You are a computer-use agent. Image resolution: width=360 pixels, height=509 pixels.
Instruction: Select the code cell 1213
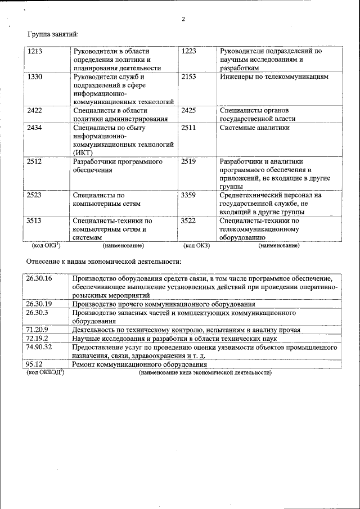35,51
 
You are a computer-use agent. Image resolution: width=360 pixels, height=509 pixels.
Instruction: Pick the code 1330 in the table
35,76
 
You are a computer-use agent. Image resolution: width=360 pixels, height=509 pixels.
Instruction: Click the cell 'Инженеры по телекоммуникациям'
274,76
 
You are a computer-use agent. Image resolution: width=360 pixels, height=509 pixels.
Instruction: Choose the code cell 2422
35,110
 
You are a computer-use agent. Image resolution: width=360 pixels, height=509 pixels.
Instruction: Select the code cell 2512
35,161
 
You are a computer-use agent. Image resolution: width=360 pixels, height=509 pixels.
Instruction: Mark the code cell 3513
35,221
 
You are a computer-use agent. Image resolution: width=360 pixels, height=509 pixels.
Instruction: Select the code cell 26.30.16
39,278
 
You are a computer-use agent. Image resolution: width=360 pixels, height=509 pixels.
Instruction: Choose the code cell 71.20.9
37,330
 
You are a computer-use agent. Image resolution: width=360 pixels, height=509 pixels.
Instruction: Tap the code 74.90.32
39,348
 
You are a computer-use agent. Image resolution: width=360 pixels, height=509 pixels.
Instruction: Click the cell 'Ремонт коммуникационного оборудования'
139,364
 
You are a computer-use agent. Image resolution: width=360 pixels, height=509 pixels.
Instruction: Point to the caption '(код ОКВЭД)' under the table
46,372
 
